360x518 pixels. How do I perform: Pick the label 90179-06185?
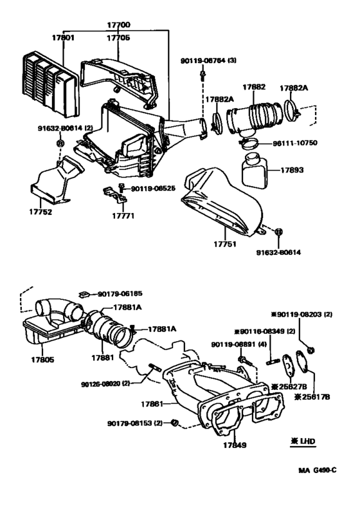click(x=120, y=293)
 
